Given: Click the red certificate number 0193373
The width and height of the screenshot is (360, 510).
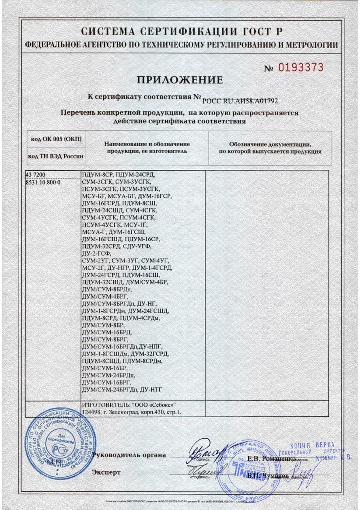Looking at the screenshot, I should click(301, 67).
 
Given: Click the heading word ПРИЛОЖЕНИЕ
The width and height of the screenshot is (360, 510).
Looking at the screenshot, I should click(180, 80).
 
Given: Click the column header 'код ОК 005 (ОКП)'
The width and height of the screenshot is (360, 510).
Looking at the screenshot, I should click(57, 139).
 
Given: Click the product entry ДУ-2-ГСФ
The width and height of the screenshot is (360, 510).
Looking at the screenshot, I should click(97, 254).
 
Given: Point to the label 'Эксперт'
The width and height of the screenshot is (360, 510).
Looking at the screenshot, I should click(106, 472).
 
